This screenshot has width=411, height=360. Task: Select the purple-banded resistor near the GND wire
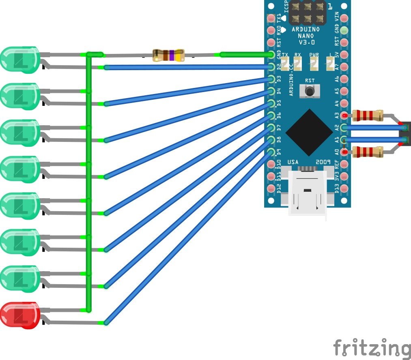pos(168,55)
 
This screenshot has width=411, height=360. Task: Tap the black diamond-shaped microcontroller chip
pos(309,132)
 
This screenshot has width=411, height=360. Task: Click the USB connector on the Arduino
pos(307,193)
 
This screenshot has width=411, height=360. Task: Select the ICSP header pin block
pos(308,12)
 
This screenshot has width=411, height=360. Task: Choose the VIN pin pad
pos(344,18)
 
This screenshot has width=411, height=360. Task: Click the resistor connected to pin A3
pos(368,116)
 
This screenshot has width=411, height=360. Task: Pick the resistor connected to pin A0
pos(368,152)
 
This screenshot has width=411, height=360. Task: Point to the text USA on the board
pos(293,162)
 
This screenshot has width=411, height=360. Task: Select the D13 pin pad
pos(344,189)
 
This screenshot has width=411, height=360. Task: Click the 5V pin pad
pos(344,55)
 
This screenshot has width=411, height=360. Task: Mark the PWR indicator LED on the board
pos(314,63)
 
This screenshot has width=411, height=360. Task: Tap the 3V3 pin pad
pos(344,176)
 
